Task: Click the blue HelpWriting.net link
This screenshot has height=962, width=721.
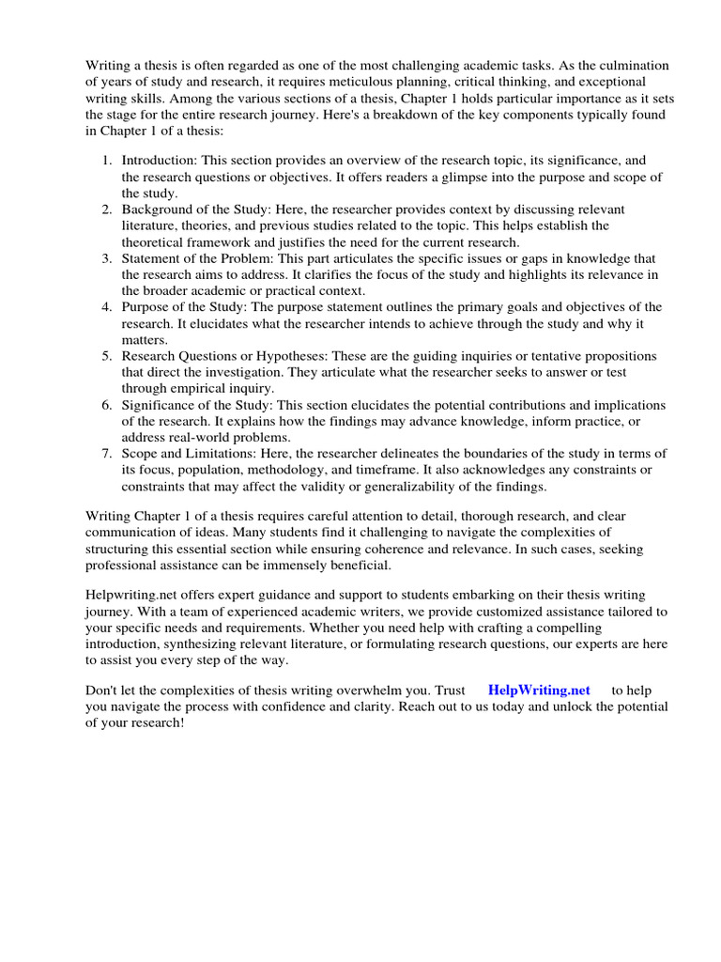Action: click(x=539, y=690)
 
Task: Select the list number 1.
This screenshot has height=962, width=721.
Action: click(x=107, y=162)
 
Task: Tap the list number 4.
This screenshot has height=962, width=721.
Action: click(x=107, y=307)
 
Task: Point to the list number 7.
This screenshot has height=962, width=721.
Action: click(x=107, y=454)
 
